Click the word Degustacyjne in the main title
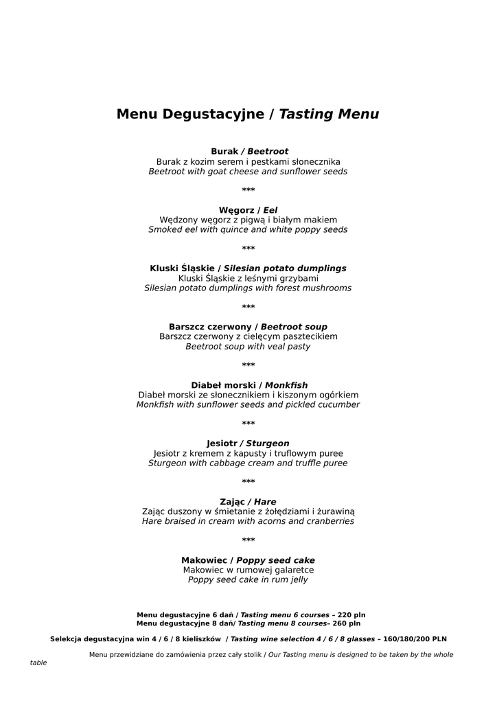(x=213, y=115)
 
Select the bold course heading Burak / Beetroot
(x=248, y=151)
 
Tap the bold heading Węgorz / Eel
(x=248, y=210)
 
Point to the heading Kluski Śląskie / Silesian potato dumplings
(x=248, y=268)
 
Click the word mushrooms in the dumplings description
(x=326, y=288)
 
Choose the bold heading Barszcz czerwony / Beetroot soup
(x=248, y=327)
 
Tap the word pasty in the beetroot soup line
(x=297, y=347)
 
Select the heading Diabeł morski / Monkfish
(x=248, y=385)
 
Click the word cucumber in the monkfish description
(x=337, y=405)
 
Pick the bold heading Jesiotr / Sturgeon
(x=248, y=443)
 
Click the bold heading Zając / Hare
(x=248, y=502)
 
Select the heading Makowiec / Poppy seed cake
(x=248, y=560)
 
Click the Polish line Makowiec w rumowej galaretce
(x=248, y=570)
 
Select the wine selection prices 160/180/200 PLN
(x=415, y=639)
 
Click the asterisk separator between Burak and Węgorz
(x=248, y=190)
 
